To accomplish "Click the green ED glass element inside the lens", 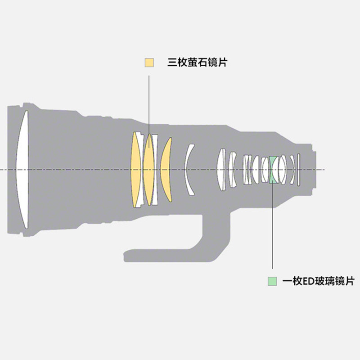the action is [272, 170].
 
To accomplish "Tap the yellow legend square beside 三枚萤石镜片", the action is [149, 62].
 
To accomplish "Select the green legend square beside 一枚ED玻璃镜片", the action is [272, 281].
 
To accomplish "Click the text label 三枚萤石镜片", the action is [197, 62].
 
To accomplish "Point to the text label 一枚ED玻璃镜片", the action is [318, 281].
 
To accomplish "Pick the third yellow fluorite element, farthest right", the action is [167, 170].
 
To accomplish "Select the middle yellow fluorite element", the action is [149, 170].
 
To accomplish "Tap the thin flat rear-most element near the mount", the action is [298, 170].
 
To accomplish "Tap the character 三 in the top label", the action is [171, 62].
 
